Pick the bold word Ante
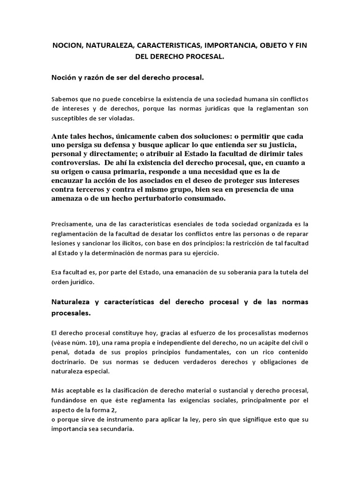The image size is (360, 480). click(x=60, y=136)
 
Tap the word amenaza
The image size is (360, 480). click(x=69, y=198)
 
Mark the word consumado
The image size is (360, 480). click(x=205, y=198)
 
